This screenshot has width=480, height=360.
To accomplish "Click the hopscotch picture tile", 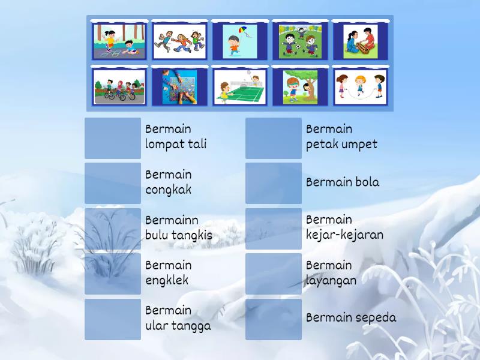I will point(119,41).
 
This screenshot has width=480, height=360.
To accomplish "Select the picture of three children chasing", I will point(179,41).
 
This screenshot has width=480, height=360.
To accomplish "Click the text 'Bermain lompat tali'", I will point(175,137).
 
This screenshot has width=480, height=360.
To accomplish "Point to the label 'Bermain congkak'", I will point(169,182).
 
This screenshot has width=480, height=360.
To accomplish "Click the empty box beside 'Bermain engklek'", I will point(113,273).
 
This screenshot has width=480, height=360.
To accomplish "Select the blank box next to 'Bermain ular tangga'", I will point(113,319).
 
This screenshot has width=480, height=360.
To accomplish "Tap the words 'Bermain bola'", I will point(343,182).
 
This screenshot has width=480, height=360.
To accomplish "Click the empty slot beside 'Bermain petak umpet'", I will point(274,138).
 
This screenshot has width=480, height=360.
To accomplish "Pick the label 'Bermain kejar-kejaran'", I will point(344,227).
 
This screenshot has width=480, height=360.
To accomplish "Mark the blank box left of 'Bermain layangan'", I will point(274,273).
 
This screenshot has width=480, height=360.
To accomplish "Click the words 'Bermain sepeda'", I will point(351,318).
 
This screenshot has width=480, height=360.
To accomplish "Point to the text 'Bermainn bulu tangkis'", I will point(178,227).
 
